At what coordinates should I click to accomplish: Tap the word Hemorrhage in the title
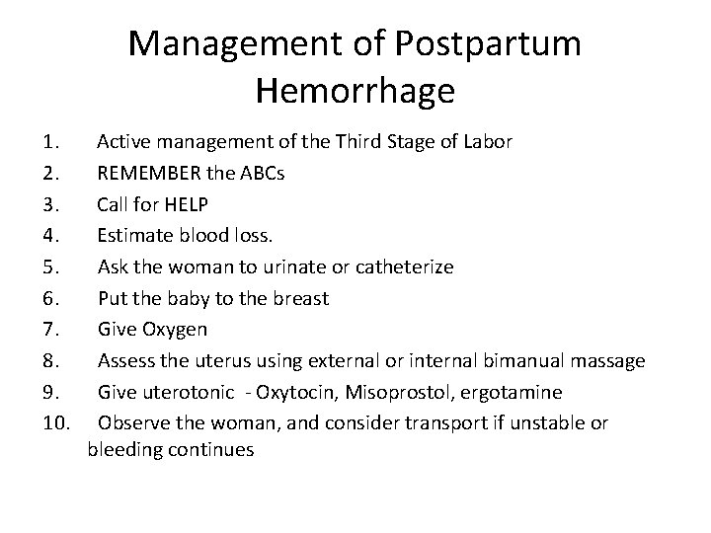point(355,91)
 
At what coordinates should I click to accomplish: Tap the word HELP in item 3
point(184,204)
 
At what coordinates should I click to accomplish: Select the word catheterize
point(405,267)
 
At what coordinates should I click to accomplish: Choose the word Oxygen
point(175,330)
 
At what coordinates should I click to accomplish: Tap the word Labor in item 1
point(487,142)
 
